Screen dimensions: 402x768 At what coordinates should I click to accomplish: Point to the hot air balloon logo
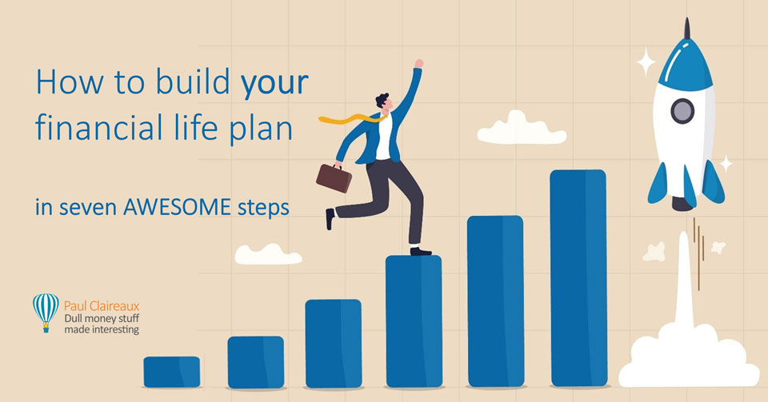click(46, 311)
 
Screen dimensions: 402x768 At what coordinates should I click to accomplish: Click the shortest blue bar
click(172, 372)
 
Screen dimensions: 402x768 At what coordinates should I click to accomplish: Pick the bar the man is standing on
click(413, 320)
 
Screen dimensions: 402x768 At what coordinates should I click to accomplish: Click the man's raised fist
click(418, 64)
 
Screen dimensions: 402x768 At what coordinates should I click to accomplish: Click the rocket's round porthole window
click(681, 111)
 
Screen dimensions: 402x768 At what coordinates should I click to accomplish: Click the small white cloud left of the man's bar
click(268, 254)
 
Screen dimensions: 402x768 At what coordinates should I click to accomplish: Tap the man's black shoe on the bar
click(421, 251)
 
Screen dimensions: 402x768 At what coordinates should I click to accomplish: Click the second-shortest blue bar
click(255, 362)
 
